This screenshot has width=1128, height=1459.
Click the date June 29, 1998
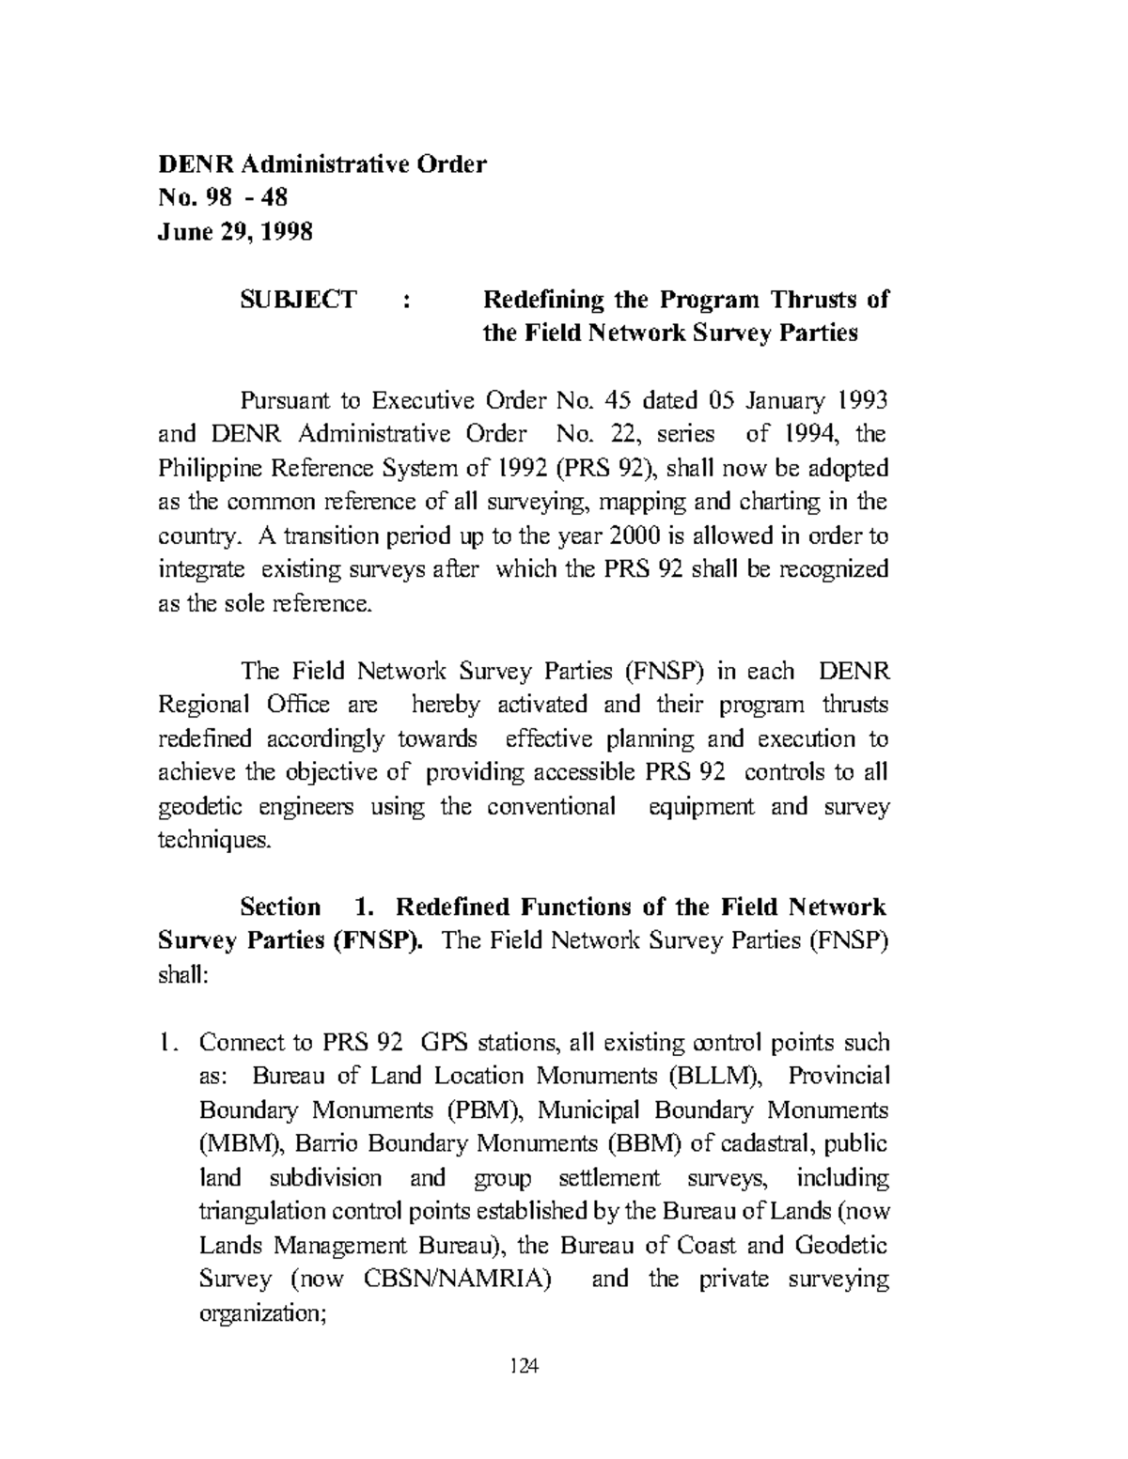(x=234, y=231)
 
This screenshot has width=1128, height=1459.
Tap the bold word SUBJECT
(x=298, y=300)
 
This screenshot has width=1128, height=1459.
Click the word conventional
(x=551, y=806)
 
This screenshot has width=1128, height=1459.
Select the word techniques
(x=214, y=840)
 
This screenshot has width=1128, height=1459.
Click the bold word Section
(x=280, y=908)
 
